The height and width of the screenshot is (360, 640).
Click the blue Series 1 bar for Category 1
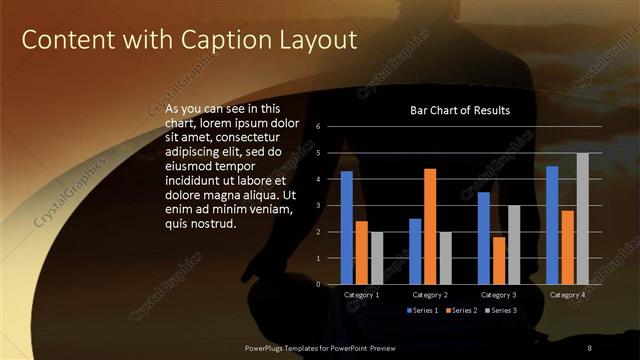coord(346,228)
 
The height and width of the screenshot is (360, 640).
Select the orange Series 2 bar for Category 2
coord(430,226)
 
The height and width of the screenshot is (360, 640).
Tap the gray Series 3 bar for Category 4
coord(582,218)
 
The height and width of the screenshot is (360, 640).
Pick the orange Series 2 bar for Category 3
coord(498,260)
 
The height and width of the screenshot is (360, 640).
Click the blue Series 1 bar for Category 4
coord(552,225)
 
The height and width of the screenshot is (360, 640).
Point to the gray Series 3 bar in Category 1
coord(376,258)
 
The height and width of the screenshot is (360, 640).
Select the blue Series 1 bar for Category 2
coord(415,251)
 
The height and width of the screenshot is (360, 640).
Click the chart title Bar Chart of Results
coord(460,110)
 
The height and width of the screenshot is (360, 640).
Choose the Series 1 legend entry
coord(423,311)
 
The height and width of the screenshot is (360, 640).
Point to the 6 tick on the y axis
coord(317,127)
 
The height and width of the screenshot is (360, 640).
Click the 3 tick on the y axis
coord(317,206)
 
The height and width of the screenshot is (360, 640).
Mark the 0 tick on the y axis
coord(317,284)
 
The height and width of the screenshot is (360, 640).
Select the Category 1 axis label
coord(361,295)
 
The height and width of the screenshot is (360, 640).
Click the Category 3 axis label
coord(498,295)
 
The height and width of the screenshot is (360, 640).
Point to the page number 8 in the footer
coord(589,346)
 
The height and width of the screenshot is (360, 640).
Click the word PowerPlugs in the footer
coord(269,346)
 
